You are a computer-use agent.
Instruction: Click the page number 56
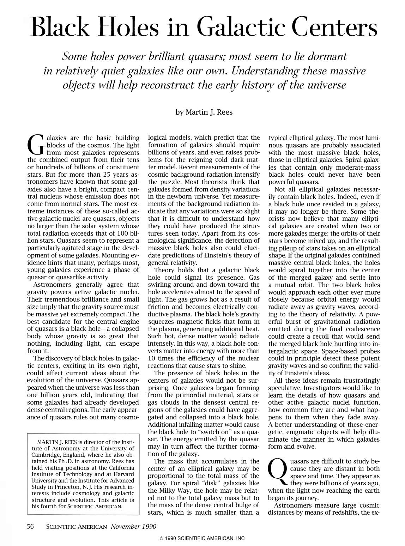tap(31, 526)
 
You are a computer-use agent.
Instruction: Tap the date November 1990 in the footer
tap(133, 526)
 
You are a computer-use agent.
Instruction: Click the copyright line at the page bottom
tap(202, 538)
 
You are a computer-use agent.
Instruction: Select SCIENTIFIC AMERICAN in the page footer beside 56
tap(76, 527)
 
